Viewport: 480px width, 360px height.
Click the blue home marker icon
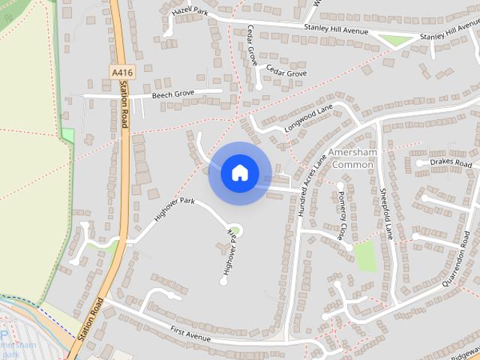[x=239, y=173]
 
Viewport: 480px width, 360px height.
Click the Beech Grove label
[x=173, y=94]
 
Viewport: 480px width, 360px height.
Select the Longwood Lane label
[x=307, y=120]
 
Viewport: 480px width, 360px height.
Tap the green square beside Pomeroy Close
[x=366, y=256]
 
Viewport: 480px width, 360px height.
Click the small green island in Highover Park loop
[x=234, y=230]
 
